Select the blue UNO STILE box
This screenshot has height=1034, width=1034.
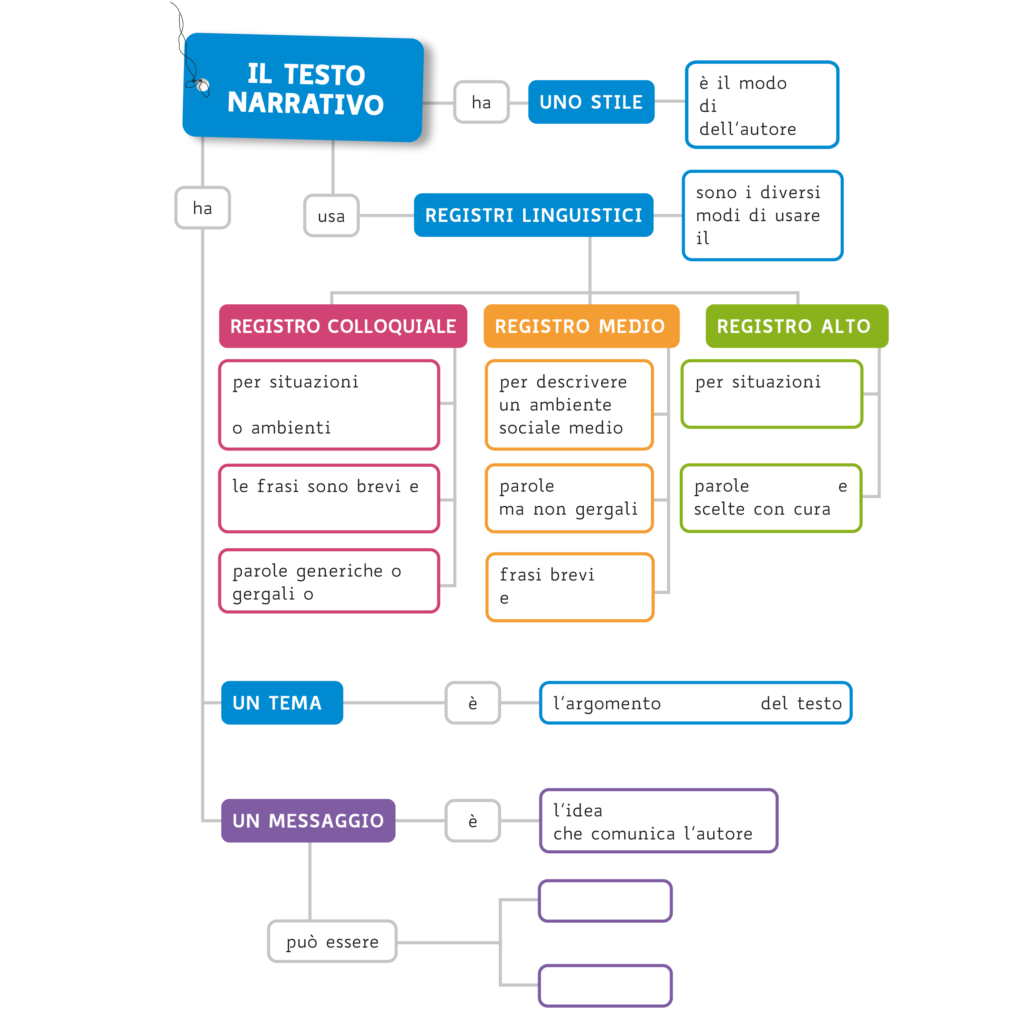pyautogui.click(x=591, y=102)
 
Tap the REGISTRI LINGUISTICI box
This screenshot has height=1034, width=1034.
pyautogui.click(x=533, y=215)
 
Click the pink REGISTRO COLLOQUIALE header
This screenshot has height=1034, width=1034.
pyautogui.click(x=343, y=326)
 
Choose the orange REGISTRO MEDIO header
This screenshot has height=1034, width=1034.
pyautogui.click(x=581, y=326)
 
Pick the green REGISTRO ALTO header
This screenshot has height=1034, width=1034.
pyautogui.click(x=797, y=326)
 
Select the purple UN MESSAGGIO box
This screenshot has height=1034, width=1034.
pyautogui.click(x=308, y=820)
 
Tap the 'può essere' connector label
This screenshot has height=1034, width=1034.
pyautogui.click(x=332, y=941)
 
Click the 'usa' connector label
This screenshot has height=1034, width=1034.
pyautogui.click(x=331, y=216)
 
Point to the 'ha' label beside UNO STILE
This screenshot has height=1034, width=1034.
pyautogui.click(x=481, y=102)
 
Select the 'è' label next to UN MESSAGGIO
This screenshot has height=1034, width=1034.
pyautogui.click(x=473, y=820)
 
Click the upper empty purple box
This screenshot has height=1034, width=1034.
pyautogui.click(x=605, y=901)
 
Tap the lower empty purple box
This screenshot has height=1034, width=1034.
pyautogui.click(x=605, y=985)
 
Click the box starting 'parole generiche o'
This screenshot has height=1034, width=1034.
pyautogui.click(x=328, y=581)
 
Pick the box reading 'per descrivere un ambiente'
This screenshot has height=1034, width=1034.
pyautogui.click(x=569, y=405)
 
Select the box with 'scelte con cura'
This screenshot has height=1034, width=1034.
pyautogui.click(x=771, y=498)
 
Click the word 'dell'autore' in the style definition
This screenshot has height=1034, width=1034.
pyautogui.click(x=747, y=129)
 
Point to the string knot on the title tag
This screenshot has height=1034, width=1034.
pyautogui.click(x=201, y=85)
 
